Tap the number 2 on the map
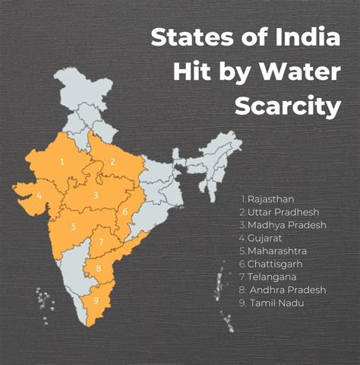pos(112,161)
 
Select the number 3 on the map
pos(95,195)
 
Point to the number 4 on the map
pos(39,195)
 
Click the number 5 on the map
pos(73,227)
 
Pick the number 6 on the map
pos(125,211)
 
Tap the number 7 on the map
pos(101,242)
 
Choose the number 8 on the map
pos(97,268)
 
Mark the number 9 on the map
pos(95,300)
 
